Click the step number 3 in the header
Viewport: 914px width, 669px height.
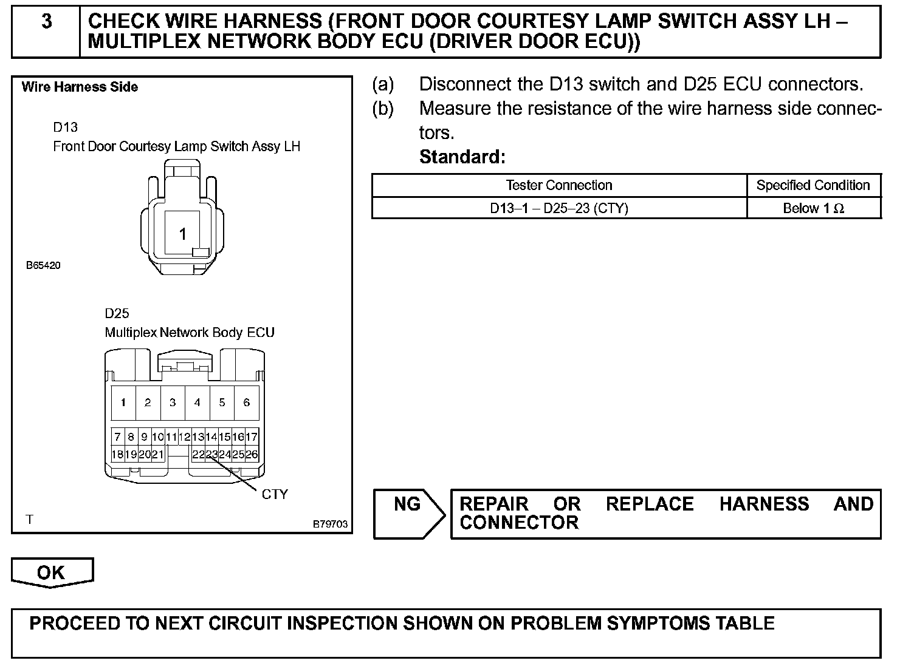[46, 22]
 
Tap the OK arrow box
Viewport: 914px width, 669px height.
[52, 572]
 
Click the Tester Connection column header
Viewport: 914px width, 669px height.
[558, 185]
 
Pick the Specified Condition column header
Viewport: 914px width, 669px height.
[813, 185]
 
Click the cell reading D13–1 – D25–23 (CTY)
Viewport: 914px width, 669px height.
[558, 208]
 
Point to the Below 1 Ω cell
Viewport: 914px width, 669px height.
[813, 208]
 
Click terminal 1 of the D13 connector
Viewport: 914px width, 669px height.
[182, 234]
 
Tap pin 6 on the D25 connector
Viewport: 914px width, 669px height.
[246, 402]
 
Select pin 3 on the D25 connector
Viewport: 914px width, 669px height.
[173, 402]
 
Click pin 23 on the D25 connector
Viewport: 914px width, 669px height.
[211, 454]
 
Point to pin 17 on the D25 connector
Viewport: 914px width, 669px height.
[252, 436]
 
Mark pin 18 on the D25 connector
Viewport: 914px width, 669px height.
[117, 454]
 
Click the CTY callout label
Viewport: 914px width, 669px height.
[274, 494]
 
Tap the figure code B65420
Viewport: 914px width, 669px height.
[43, 265]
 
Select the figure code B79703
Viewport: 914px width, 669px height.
[331, 524]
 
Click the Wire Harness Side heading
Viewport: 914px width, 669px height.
[80, 87]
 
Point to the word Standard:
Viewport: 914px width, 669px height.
[462, 157]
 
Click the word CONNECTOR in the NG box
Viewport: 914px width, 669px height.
[519, 523]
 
